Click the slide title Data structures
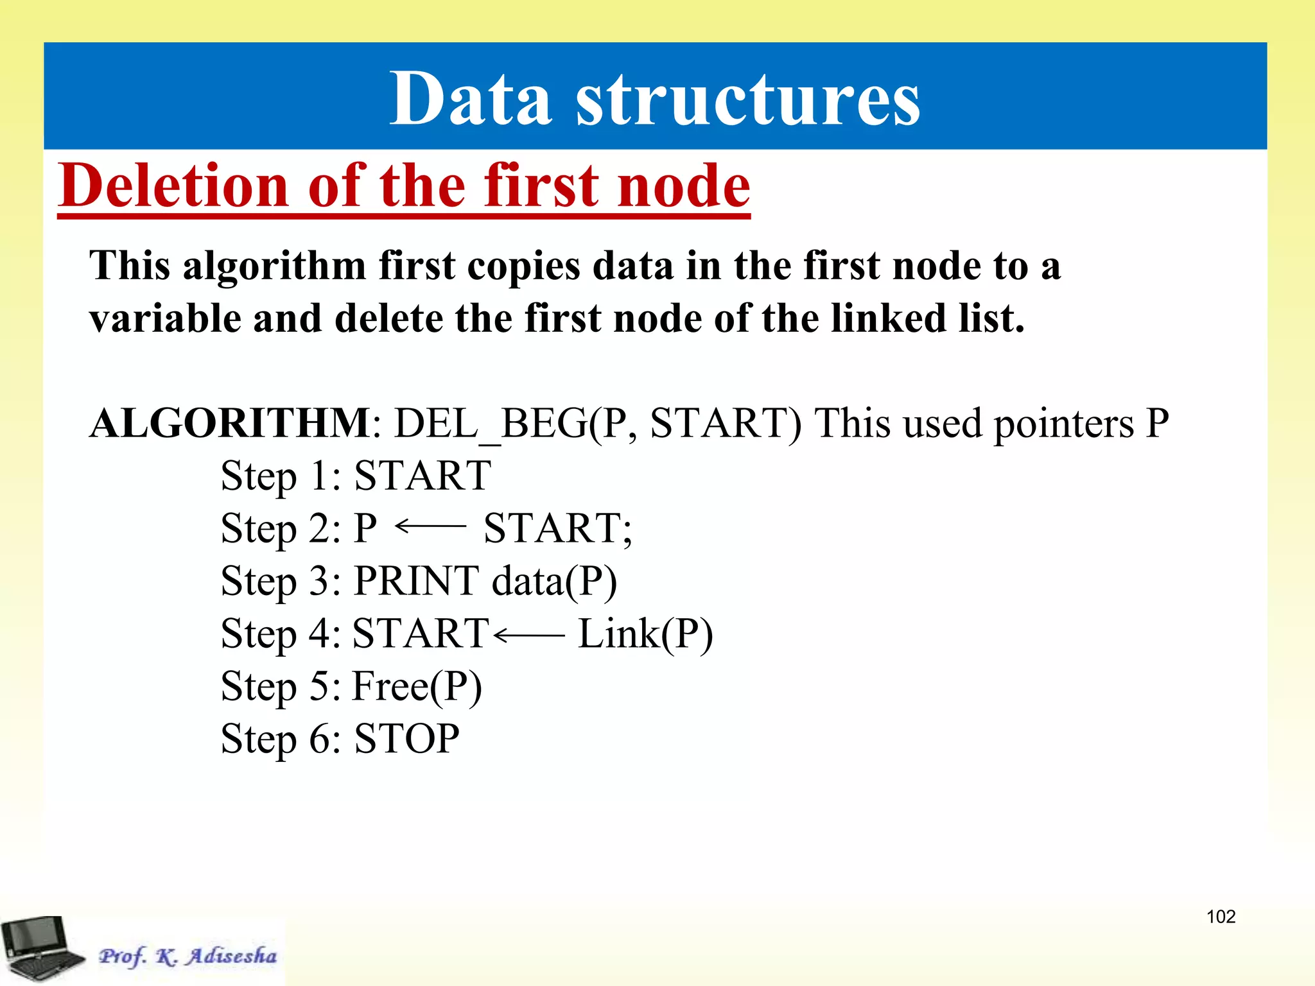(x=654, y=98)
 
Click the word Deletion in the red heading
(x=173, y=186)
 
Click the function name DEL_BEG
(x=491, y=424)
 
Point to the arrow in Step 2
(x=431, y=527)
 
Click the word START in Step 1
(x=422, y=476)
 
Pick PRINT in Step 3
(x=416, y=582)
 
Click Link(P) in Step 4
(x=645, y=635)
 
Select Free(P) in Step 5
(x=417, y=687)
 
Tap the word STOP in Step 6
(x=406, y=739)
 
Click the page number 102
(x=1221, y=917)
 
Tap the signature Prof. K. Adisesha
(x=187, y=956)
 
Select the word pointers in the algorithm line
(x=1063, y=424)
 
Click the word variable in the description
(x=164, y=318)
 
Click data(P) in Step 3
(x=554, y=582)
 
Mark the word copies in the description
(x=523, y=266)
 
